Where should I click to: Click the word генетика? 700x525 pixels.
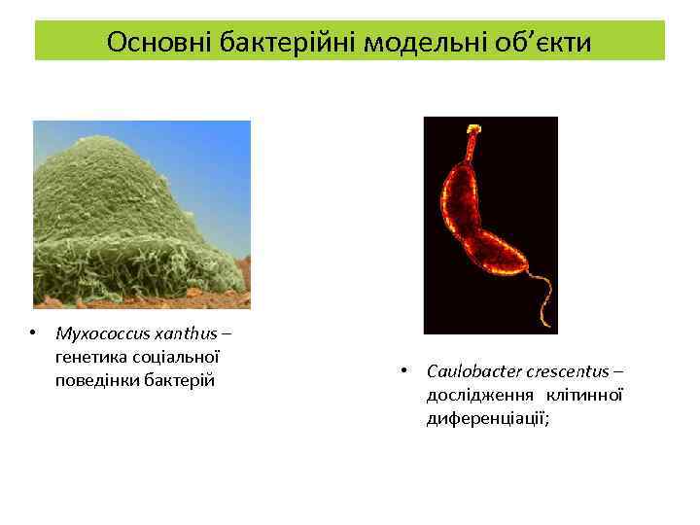click(90, 357)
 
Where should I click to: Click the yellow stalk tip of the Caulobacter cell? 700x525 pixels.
click(474, 128)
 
